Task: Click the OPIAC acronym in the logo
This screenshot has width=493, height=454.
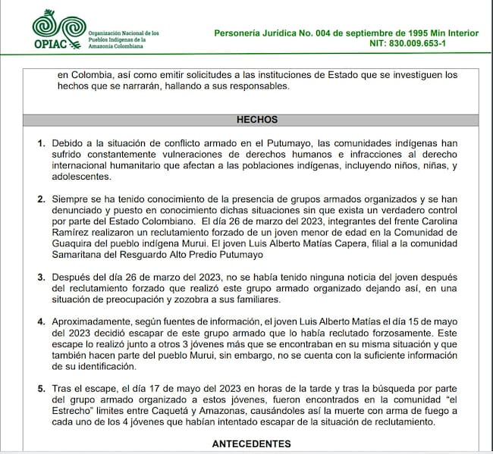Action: pos(52,43)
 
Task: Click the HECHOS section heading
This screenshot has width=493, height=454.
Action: pos(257,119)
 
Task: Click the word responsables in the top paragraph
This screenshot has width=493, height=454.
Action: pos(249,86)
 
